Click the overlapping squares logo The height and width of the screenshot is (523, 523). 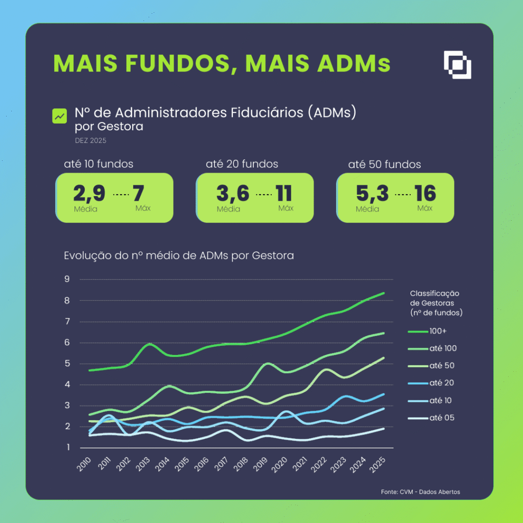click(457, 65)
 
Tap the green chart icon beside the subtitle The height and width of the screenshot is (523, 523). click(60, 116)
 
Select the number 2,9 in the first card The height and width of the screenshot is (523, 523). click(89, 194)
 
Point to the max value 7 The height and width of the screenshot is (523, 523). click(138, 194)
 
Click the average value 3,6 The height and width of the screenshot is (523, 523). click(232, 194)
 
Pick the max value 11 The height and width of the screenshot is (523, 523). click(283, 194)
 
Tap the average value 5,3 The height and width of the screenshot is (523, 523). click(372, 194)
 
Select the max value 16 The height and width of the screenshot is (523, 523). click(425, 194)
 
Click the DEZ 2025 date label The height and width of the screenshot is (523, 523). click(90, 140)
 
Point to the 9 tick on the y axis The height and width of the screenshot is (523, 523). click(67, 279)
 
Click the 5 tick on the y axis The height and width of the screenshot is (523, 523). click(67, 364)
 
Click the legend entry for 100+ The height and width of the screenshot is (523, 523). click(438, 331)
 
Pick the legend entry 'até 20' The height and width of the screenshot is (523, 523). click(442, 383)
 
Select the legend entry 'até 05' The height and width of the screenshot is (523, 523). click(442, 418)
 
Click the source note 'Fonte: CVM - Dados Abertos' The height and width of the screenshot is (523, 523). click(420, 492)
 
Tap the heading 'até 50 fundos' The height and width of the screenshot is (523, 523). click(385, 164)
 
